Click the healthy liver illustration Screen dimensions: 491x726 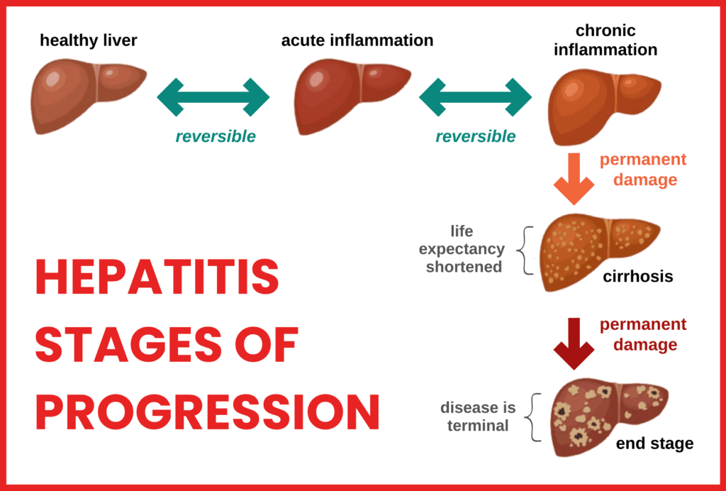point(85,96)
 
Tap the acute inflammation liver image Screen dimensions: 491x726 point(350,96)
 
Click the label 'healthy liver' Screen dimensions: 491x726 point(89,40)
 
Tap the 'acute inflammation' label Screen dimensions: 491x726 point(357,40)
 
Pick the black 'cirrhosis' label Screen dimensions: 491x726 point(638,276)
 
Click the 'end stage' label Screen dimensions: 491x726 point(654,444)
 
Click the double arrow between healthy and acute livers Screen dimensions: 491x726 point(213,97)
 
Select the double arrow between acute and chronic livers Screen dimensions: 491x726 point(476,97)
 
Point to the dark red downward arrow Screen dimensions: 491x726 point(573,343)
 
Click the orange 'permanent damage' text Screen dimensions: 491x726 point(644,170)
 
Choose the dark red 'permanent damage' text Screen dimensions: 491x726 point(644,335)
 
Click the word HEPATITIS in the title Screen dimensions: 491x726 point(157,277)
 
